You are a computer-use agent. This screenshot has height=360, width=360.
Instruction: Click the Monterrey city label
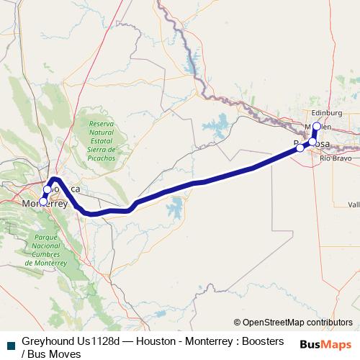[45, 204]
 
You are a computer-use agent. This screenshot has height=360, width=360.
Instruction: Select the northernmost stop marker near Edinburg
[317, 126]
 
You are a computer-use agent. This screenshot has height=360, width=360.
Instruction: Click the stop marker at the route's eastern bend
[312, 142]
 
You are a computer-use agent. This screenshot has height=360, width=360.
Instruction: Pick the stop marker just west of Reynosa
[300, 148]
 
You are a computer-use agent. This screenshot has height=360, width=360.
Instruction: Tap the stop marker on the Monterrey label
[43, 202]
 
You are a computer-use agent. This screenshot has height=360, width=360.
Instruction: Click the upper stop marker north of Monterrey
[48, 189]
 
